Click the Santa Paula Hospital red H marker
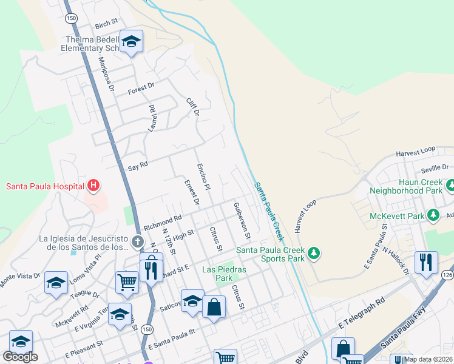pyautogui.click(x=93, y=186)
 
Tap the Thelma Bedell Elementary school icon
pyautogui.click(x=131, y=42)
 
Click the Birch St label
pyautogui.click(x=106, y=24)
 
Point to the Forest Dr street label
pyautogui.click(x=141, y=90)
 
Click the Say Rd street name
pyautogui.click(x=138, y=165)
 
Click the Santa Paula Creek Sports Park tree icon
pyautogui.click(x=313, y=252)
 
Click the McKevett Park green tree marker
pyautogui.click(x=433, y=215)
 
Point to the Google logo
pyautogui.click(x=20, y=357)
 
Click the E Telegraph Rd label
pyautogui.click(x=362, y=314)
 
